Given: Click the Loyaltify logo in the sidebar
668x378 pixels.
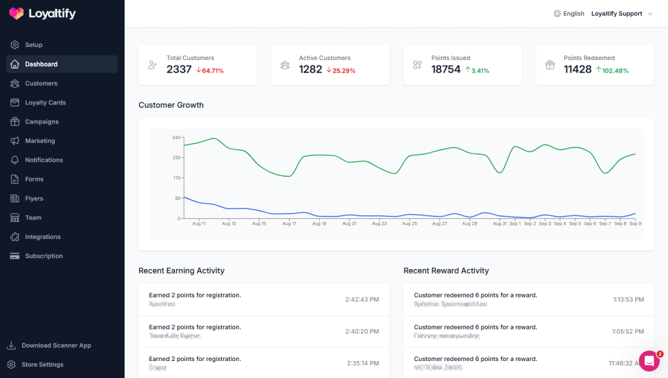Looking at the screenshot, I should coord(42,14).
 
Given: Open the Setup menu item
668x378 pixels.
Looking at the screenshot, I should coord(33,45).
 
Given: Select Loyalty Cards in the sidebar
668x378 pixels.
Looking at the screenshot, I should coord(45,102).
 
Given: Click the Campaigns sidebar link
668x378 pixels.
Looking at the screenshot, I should coord(42,122).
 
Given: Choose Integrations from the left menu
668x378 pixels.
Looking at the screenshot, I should coord(42,237).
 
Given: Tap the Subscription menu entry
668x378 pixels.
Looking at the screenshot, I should coord(44,257).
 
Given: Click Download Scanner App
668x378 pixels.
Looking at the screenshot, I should coord(56,345).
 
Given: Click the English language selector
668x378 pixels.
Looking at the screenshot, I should coord(569,14).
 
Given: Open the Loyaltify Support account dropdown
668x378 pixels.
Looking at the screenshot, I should coord(621,14).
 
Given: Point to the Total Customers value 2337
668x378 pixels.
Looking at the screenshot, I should coord(179,70).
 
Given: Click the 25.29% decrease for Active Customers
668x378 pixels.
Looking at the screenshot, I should coord(341,71).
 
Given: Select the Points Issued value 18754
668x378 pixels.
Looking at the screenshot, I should coord(446,70).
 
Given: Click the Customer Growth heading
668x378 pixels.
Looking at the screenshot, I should coord(171,105).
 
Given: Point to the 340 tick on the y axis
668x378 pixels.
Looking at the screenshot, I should coord(176,138).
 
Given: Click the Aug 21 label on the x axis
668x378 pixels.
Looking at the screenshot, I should coord(349,223).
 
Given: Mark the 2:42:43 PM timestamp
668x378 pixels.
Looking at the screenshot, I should coord(362,300).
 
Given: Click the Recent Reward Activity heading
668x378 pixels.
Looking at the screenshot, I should coord(446,271).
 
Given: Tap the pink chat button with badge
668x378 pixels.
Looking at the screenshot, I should coord(649,361).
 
